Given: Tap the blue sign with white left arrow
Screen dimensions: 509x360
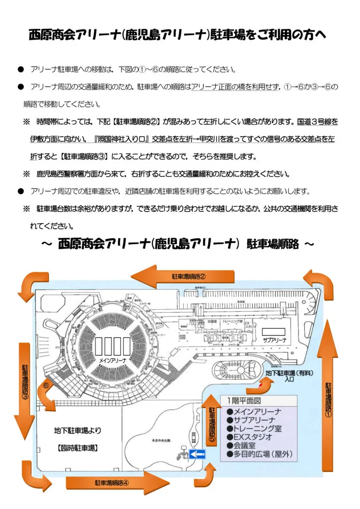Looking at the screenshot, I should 197,453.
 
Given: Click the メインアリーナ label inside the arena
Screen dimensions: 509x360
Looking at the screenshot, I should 112,358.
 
